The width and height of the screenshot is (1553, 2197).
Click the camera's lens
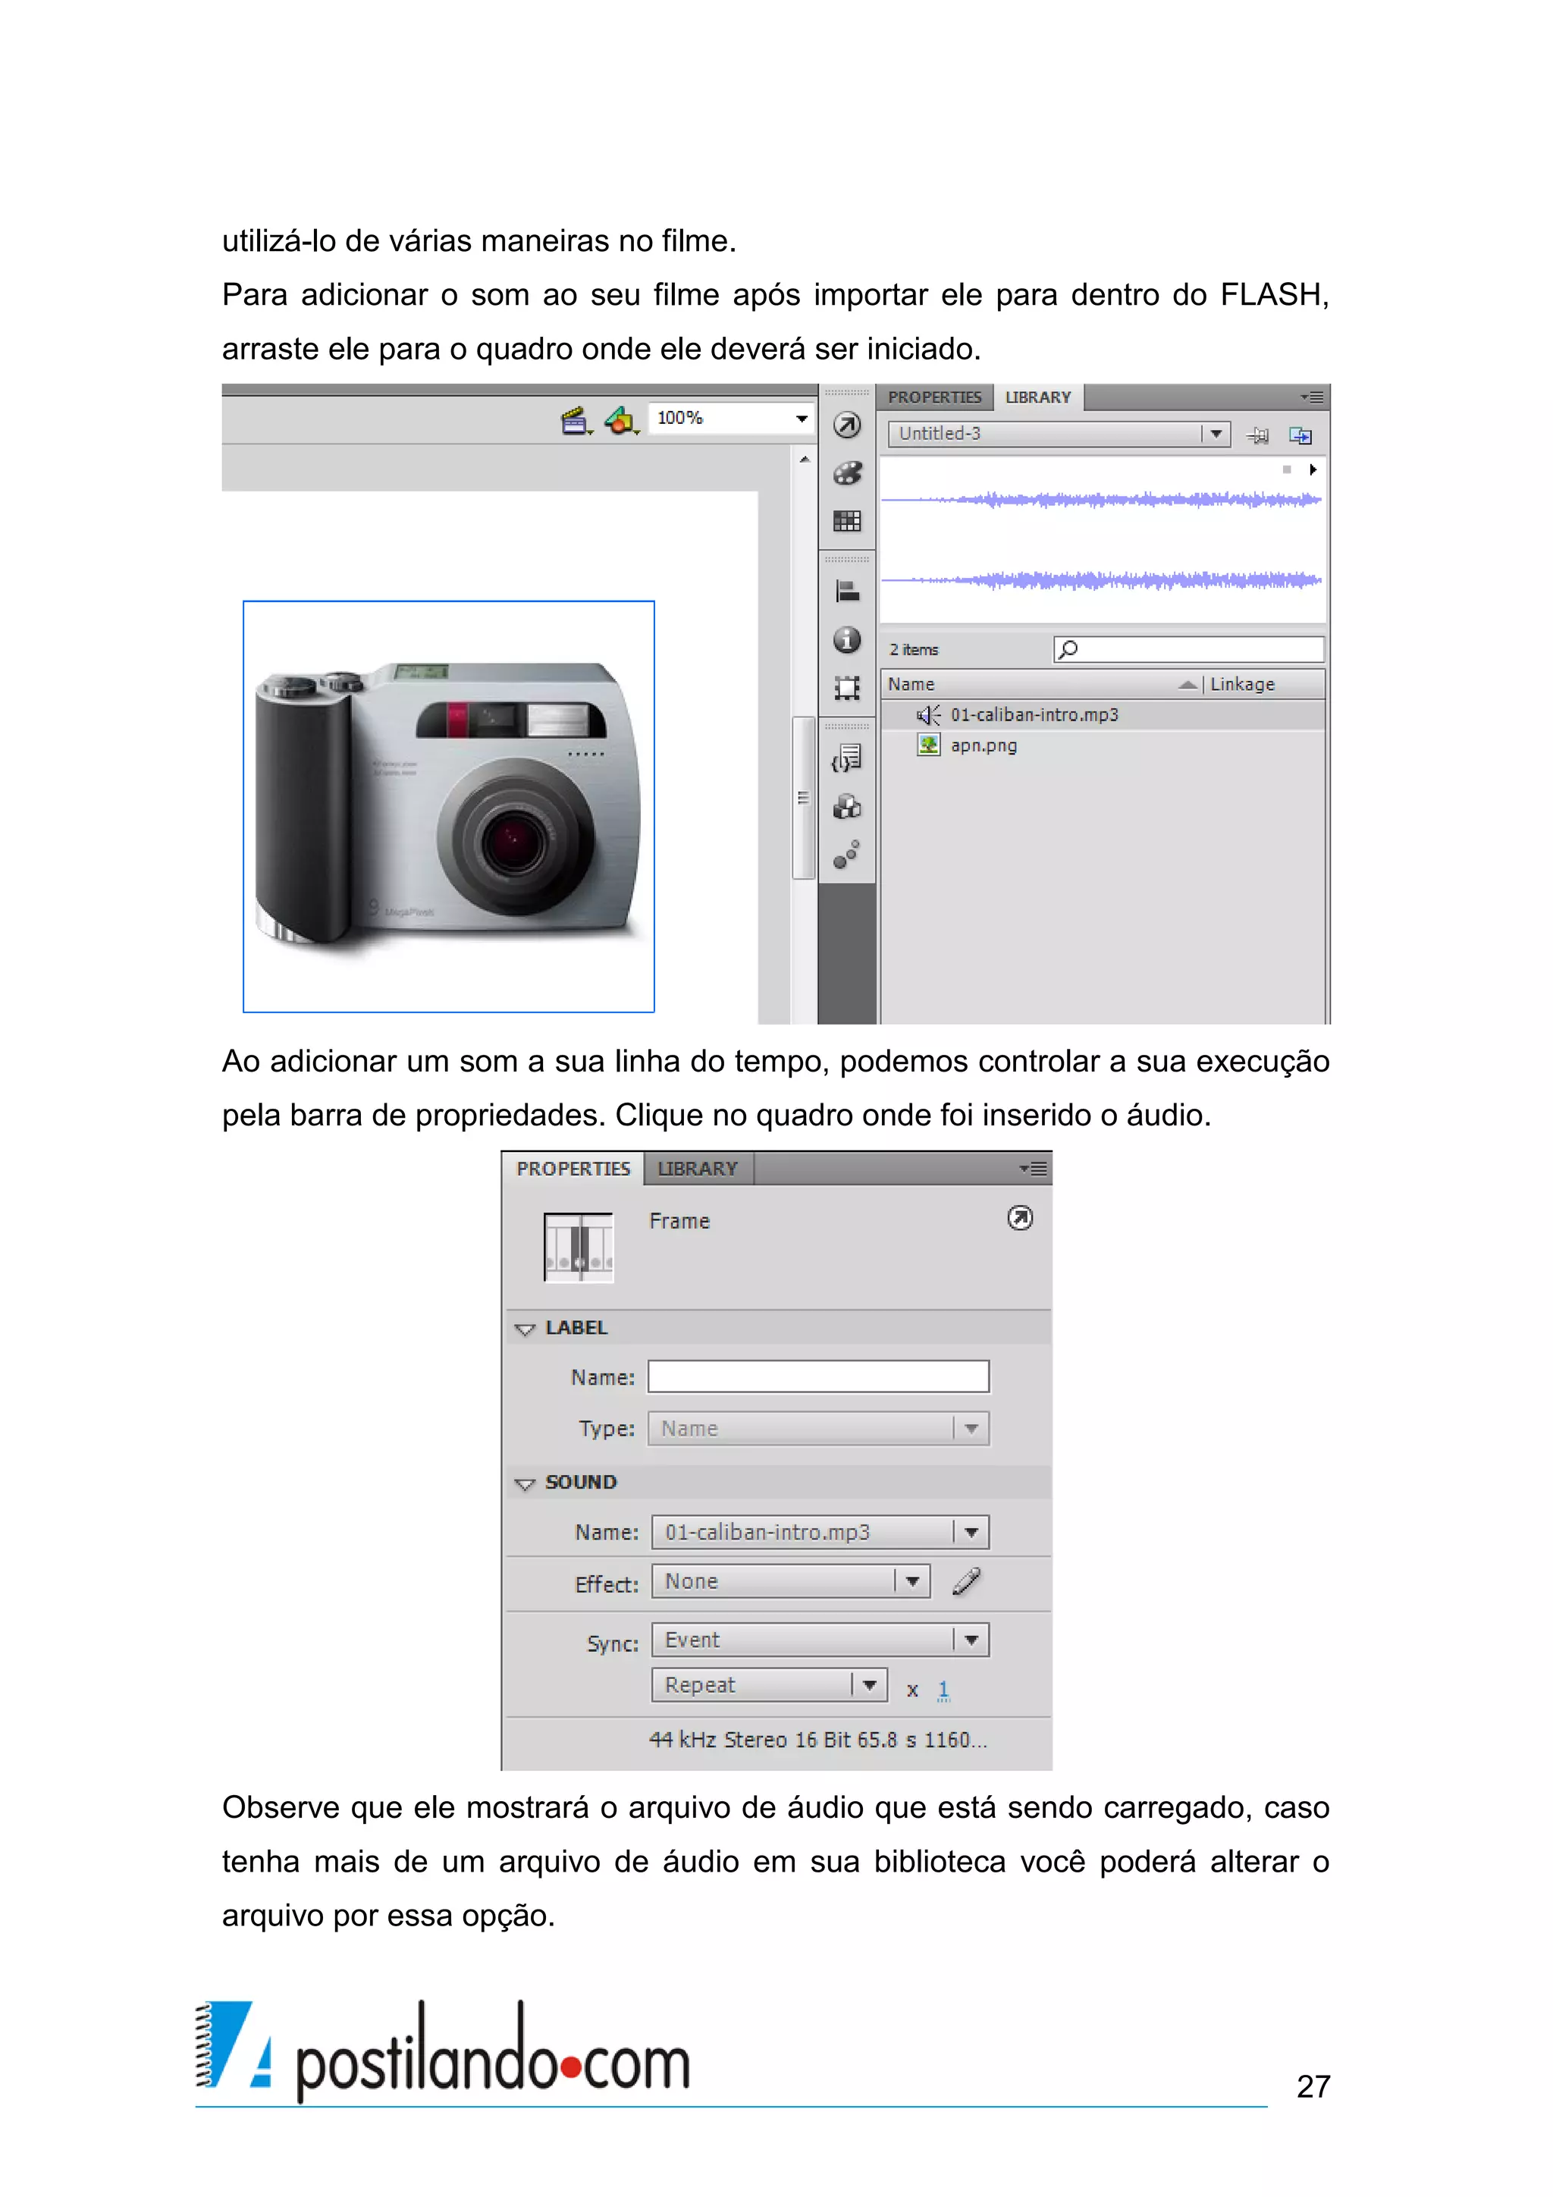(514, 840)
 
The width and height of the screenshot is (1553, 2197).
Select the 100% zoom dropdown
(731, 418)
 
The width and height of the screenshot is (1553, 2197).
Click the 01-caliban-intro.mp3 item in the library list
(1034, 715)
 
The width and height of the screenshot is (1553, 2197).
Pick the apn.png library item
(983, 745)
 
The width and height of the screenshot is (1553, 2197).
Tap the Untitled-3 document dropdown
(1057, 435)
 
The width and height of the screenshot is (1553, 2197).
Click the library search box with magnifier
(1188, 650)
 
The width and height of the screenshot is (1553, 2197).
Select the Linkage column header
(1242, 684)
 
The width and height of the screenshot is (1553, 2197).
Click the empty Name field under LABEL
(818, 1377)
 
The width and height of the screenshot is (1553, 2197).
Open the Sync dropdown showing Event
(820, 1640)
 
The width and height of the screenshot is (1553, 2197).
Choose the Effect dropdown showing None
(790, 1582)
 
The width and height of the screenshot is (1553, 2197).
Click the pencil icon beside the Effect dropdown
(966, 1582)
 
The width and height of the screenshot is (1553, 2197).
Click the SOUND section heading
(581, 1482)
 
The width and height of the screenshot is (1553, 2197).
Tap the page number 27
(1313, 2086)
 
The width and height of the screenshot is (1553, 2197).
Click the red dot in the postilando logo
(571, 2069)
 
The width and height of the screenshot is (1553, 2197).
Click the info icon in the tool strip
(847, 640)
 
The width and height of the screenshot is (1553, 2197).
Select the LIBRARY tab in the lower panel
(698, 1169)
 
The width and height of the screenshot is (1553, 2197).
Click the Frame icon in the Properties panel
(578, 1247)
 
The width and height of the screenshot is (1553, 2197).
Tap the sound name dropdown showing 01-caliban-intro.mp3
(820, 1532)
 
